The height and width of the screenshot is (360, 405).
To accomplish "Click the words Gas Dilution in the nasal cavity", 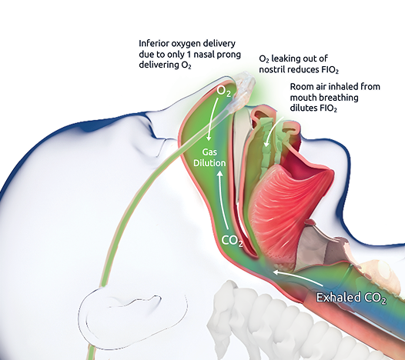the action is click(209, 158).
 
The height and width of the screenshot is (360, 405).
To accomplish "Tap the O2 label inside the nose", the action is click(224, 91).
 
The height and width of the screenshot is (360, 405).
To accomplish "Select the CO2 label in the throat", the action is click(233, 241).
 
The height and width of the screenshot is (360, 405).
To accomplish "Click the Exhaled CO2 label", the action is click(351, 298).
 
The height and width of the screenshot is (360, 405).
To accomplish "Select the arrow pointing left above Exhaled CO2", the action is click(298, 278).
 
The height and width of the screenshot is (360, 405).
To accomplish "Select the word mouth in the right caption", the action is click(303, 98).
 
